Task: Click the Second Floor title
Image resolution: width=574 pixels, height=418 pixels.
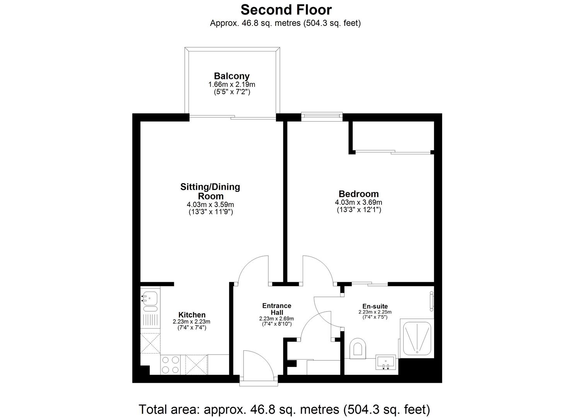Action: tap(286, 9)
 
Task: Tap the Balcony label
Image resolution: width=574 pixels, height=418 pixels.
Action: tap(232, 76)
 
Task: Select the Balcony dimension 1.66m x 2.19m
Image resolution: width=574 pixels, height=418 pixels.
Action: tap(232, 84)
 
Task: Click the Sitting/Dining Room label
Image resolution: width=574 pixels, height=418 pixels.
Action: tap(210, 191)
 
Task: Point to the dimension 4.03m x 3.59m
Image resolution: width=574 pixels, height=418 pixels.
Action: tap(210, 204)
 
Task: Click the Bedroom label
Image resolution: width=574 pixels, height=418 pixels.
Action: tap(358, 194)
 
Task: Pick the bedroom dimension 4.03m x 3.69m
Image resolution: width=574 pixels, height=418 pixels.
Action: tap(358, 202)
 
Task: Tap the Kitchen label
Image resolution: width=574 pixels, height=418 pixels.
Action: tap(192, 315)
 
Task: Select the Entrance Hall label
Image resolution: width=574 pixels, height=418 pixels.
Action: tap(277, 309)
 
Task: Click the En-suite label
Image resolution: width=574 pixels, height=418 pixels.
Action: tap(375, 306)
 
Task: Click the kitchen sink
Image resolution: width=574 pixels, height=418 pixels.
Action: tap(150, 298)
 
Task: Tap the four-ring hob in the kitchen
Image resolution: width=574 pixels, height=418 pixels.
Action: tap(170, 365)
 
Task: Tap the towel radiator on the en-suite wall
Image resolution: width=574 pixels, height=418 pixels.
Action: tap(431, 301)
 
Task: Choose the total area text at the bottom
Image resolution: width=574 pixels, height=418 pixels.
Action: tap(284, 409)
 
